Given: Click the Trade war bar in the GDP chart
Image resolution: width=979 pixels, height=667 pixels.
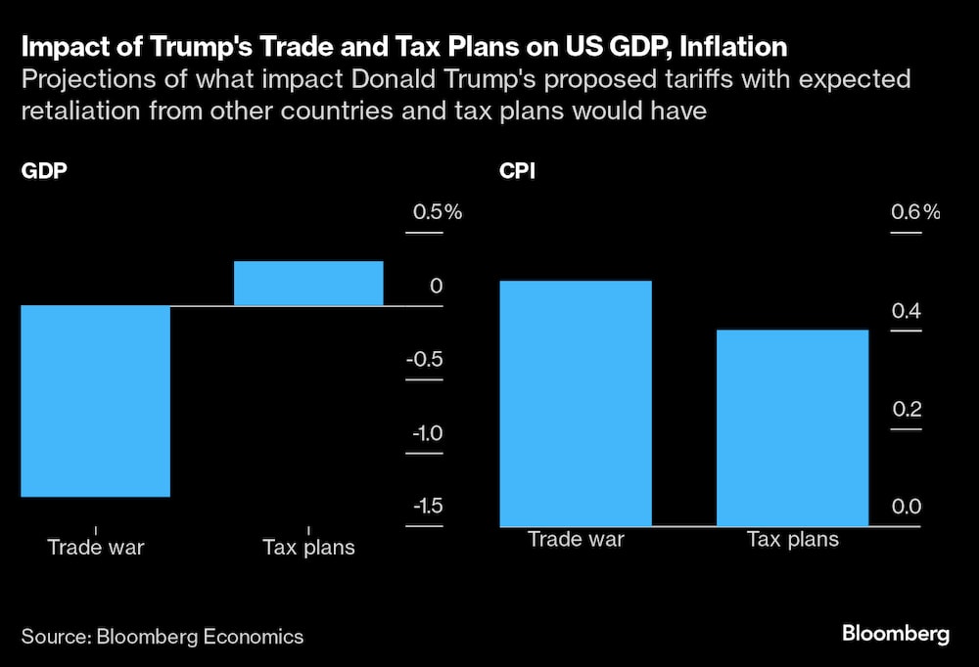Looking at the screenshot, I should pos(96,401).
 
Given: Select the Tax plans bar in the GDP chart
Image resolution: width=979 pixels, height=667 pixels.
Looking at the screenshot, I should pos(308,284).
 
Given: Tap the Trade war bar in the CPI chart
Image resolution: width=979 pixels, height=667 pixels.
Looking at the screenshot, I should pos(576,403).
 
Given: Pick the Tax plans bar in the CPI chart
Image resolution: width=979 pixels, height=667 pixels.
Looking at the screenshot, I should pos(793,427).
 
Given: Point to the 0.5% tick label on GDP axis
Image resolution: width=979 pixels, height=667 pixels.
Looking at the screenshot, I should pos(434,212).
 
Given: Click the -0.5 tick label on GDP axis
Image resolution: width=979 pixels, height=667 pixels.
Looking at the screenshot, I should pos(424,359).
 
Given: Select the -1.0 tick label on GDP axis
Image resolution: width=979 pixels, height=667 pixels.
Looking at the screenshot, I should pos(424,433).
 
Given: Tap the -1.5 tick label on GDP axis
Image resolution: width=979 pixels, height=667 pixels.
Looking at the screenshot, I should pos(424,506).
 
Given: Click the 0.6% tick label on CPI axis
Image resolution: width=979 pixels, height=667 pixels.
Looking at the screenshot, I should pos(914,212).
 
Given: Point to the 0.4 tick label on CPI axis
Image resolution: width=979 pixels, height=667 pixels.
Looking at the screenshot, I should pos(906,311).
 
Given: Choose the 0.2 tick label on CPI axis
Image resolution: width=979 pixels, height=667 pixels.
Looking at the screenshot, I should pos(906,409).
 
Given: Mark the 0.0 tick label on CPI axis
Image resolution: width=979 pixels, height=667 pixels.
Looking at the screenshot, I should pos(906,507).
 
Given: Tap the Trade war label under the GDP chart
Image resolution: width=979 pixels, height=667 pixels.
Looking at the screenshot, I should pos(96,547).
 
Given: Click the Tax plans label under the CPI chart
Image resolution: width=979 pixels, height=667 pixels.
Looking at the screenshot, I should pos(793,539).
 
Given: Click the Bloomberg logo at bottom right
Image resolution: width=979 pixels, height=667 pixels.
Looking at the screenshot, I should pos(896,634).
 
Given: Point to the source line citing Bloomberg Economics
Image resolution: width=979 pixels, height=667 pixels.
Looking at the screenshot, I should pos(163,637).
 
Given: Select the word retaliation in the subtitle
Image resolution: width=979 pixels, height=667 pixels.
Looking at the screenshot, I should pos(75,111).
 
